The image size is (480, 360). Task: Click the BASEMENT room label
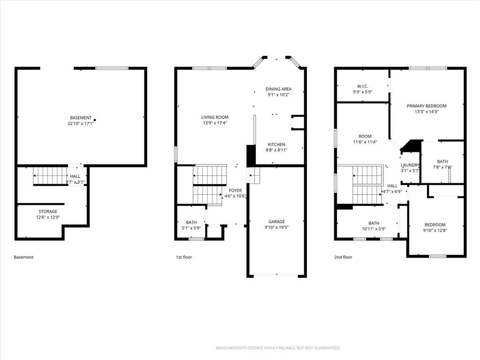81,118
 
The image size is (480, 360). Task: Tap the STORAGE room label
48,211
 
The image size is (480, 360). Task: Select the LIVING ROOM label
215,117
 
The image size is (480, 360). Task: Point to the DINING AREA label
278,89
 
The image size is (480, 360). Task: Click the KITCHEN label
277,144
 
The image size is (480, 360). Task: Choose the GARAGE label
277,222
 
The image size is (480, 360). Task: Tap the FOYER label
235,190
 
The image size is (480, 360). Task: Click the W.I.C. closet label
363,86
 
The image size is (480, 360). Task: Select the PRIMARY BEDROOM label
427,106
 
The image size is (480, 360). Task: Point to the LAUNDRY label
410,165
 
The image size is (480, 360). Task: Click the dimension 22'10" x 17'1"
81,124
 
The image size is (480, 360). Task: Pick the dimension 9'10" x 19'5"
277,227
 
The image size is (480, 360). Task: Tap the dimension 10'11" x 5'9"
374,229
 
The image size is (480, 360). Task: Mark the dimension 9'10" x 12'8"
435,230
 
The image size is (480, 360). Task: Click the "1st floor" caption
184,257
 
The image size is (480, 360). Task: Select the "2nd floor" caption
343,257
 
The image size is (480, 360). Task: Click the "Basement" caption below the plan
23,257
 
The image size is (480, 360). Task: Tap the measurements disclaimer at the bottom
278,348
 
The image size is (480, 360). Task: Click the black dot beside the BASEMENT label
95,120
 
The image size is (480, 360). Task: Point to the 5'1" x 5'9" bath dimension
191,228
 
